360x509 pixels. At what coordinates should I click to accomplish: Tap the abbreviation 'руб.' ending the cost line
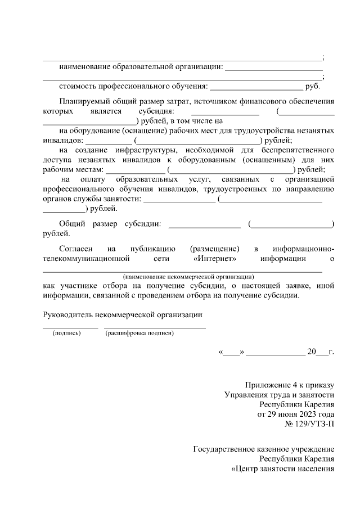[x=313, y=87]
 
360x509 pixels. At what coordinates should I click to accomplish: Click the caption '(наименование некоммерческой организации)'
[x=188, y=277]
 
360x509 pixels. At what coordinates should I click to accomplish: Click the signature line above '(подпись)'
[x=71, y=327]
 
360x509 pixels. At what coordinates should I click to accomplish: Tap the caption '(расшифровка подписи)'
[x=139, y=333]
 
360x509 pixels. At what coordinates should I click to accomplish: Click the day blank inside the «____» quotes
[x=231, y=354]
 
